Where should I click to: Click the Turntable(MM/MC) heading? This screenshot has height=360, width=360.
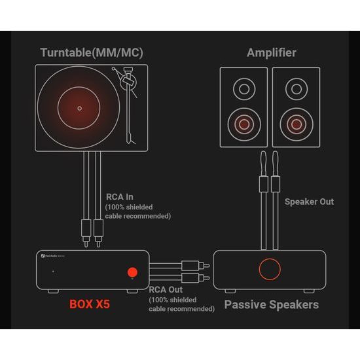(92, 52)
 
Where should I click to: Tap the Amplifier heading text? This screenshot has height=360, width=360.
(271, 52)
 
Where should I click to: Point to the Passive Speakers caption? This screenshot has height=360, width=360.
(271, 304)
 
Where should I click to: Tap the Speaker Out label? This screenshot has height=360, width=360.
(309, 202)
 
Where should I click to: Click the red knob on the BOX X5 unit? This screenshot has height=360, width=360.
(133, 272)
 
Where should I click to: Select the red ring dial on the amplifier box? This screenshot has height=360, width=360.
(269, 268)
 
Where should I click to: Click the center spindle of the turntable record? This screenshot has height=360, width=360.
(80, 107)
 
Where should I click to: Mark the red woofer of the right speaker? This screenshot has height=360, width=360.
(296, 122)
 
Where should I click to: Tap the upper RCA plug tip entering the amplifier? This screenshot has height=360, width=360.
(206, 266)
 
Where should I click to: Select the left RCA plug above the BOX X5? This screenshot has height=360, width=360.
(86, 228)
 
